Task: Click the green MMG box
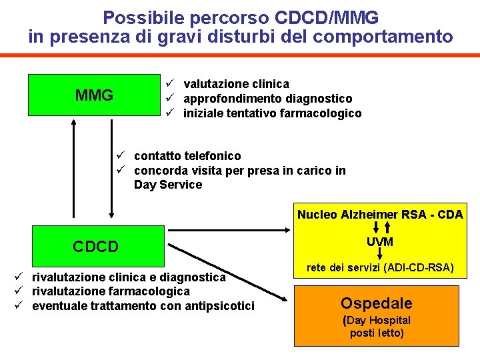(x=94, y=95)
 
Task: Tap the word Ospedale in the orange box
(x=377, y=303)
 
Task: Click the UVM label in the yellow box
(x=379, y=241)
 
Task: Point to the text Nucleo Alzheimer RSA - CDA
(x=380, y=215)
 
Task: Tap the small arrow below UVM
(x=379, y=254)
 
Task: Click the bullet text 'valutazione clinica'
(x=236, y=84)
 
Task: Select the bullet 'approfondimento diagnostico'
(x=267, y=99)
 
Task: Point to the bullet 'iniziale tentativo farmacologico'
(x=272, y=113)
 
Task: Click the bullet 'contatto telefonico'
(x=187, y=156)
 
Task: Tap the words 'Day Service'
(x=167, y=185)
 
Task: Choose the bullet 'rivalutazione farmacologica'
(x=111, y=291)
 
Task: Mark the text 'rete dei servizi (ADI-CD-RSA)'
(x=380, y=268)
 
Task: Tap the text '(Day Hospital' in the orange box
(x=377, y=320)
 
